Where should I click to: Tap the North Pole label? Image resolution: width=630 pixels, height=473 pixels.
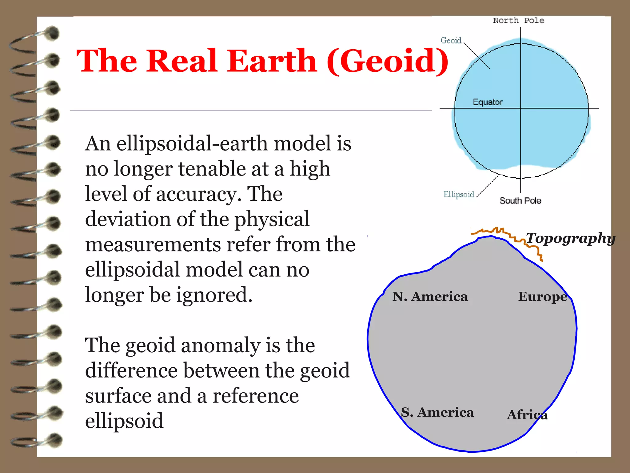click(x=518, y=20)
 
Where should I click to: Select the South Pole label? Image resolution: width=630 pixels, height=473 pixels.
click(x=520, y=200)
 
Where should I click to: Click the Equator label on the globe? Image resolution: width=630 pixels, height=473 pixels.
click(x=488, y=102)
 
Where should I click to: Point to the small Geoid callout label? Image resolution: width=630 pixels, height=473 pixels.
click(x=451, y=40)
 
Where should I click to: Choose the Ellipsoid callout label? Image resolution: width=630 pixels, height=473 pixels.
click(x=458, y=194)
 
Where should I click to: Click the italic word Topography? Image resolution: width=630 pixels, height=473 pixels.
click(x=570, y=238)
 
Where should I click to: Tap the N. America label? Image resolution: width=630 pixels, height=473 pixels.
click(x=430, y=297)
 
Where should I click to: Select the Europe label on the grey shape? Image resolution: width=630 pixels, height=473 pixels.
click(x=543, y=297)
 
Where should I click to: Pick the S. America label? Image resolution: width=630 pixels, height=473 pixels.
click(x=437, y=412)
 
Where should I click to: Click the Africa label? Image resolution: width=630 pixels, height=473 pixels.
click(x=527, y=415)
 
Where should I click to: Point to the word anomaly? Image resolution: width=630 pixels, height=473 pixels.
click(x=221, y=345)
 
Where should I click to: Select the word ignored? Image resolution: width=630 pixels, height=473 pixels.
click(x=214, y=295)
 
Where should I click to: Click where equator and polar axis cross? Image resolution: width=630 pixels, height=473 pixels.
click(x=520, y=108)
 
